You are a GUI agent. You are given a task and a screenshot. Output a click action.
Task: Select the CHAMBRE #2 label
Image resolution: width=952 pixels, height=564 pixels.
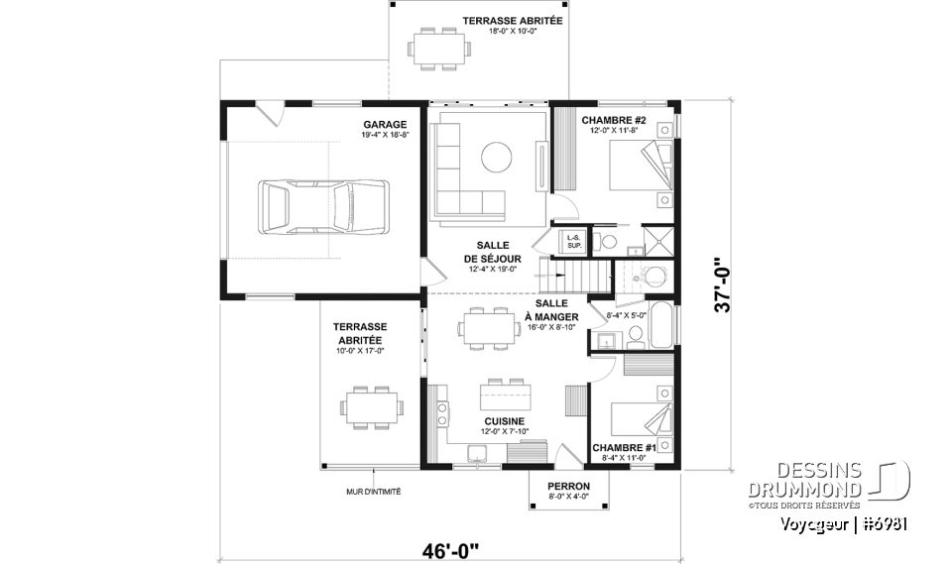(x=613, y=120)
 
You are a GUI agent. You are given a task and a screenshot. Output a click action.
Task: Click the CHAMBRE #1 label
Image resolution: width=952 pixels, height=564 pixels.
(x=624, y=447)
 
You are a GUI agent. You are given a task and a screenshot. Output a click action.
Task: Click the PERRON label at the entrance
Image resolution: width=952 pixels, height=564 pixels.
(x=568, y=486)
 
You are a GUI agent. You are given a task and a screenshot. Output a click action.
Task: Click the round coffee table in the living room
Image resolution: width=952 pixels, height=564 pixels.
(x=496, y=156)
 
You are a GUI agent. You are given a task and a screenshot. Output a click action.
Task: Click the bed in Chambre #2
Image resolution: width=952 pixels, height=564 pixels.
(x=639, y=169)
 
